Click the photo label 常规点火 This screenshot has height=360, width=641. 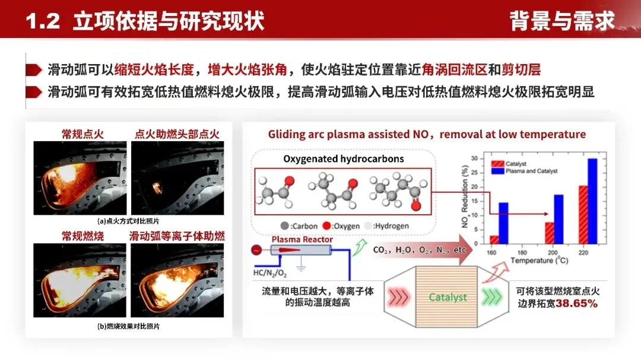click(x=82, y=134)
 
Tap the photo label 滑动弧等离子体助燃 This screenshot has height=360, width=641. click(x=177, y=236)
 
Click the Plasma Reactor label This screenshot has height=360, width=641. click(x=293, y=239)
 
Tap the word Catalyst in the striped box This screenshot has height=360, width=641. click(x=448, y=297)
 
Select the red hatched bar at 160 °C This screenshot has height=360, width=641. click(x=494, y=240)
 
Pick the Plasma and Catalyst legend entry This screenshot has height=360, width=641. click(x=522, y=171)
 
